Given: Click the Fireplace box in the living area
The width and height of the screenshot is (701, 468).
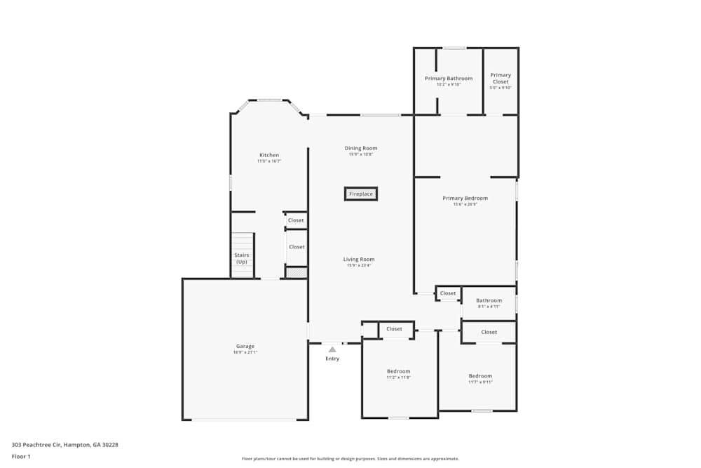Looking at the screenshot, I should [x=361, y=194].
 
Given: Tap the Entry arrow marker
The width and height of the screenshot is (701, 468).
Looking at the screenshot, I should [x=332, y=349].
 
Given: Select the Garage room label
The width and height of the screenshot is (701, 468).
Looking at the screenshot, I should [x=245, y=346].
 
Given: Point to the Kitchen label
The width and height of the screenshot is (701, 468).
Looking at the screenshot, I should [x=269, y=155].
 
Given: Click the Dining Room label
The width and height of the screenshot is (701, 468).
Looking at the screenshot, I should [x=361, y=148].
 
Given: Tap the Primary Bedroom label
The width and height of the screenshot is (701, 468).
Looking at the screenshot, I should [x=465, y=198].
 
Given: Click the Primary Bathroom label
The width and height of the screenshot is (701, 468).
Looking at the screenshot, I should [x=449, y=79].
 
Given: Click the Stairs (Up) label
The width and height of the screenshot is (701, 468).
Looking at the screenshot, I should [x=242, y=258].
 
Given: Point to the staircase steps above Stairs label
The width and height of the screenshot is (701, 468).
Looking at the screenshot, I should [x=242, y=241].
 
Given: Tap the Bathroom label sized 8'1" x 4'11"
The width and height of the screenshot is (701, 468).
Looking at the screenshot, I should [x=489, y=300].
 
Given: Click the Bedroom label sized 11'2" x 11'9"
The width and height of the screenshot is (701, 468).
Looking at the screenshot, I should [x=398, y=371].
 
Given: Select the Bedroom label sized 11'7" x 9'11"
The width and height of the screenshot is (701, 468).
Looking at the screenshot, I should [x=480, y=375].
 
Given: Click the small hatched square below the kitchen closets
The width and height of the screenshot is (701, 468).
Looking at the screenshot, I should [x=297, y=272].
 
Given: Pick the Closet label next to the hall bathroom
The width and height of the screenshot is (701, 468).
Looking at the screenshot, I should [x=448, y=293].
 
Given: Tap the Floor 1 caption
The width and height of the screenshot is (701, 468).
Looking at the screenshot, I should [x=21, y=456].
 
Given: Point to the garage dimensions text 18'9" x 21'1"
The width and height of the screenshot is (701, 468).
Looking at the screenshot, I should [x=245, y=352].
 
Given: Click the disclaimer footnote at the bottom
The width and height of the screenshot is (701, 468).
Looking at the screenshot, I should [x=350, y=459].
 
